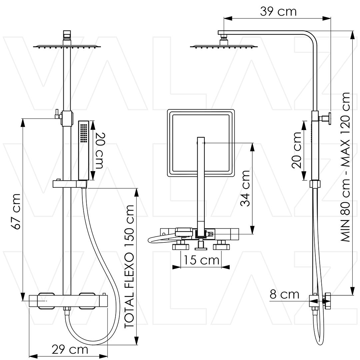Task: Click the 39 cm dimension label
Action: click(278, 11)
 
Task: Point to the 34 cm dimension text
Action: click(245, 188)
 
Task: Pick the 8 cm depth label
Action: click(284, 294)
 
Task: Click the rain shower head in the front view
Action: click(67, 47)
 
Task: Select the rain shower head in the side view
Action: click(224, 47)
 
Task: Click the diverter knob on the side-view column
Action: click(327, 118)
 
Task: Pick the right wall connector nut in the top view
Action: click(221, 247)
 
